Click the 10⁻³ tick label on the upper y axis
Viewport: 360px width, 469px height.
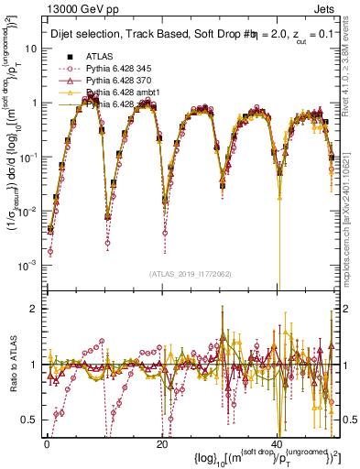tap(28, 265)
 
